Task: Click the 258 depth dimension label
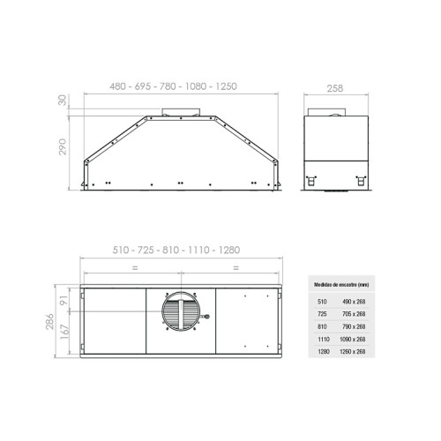(335, 88)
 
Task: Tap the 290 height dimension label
(63, 146)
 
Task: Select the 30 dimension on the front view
(63, 100)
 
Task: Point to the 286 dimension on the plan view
(50, 321)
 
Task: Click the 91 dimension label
(64, 300)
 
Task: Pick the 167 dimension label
(64, 332)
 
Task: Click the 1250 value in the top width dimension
(226, 86)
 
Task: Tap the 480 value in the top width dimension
(117, 86)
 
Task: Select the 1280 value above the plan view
(229, 250)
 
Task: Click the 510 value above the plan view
(121, 250)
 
